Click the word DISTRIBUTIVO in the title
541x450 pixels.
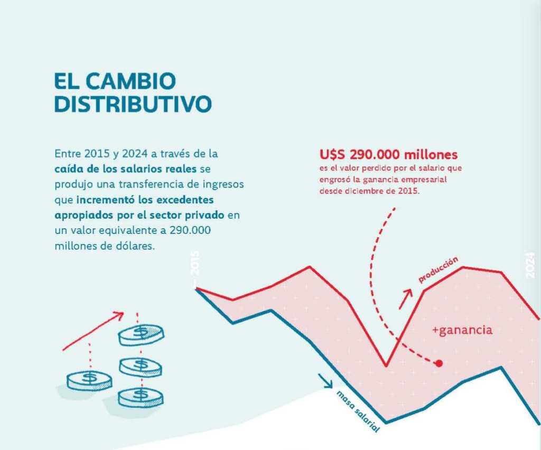133,104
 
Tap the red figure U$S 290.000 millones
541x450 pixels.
388,155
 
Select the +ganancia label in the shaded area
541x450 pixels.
462,331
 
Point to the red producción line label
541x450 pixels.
438,270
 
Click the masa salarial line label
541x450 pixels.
358,412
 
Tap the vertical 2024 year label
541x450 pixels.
531,264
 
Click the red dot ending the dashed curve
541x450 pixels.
439,363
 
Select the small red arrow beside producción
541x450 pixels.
405,299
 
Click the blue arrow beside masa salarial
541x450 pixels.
325,380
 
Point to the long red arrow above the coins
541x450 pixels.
93,331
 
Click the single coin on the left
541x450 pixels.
89,380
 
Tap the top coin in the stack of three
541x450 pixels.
141,334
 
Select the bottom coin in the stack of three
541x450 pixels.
141,397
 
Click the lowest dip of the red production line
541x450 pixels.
386,365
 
